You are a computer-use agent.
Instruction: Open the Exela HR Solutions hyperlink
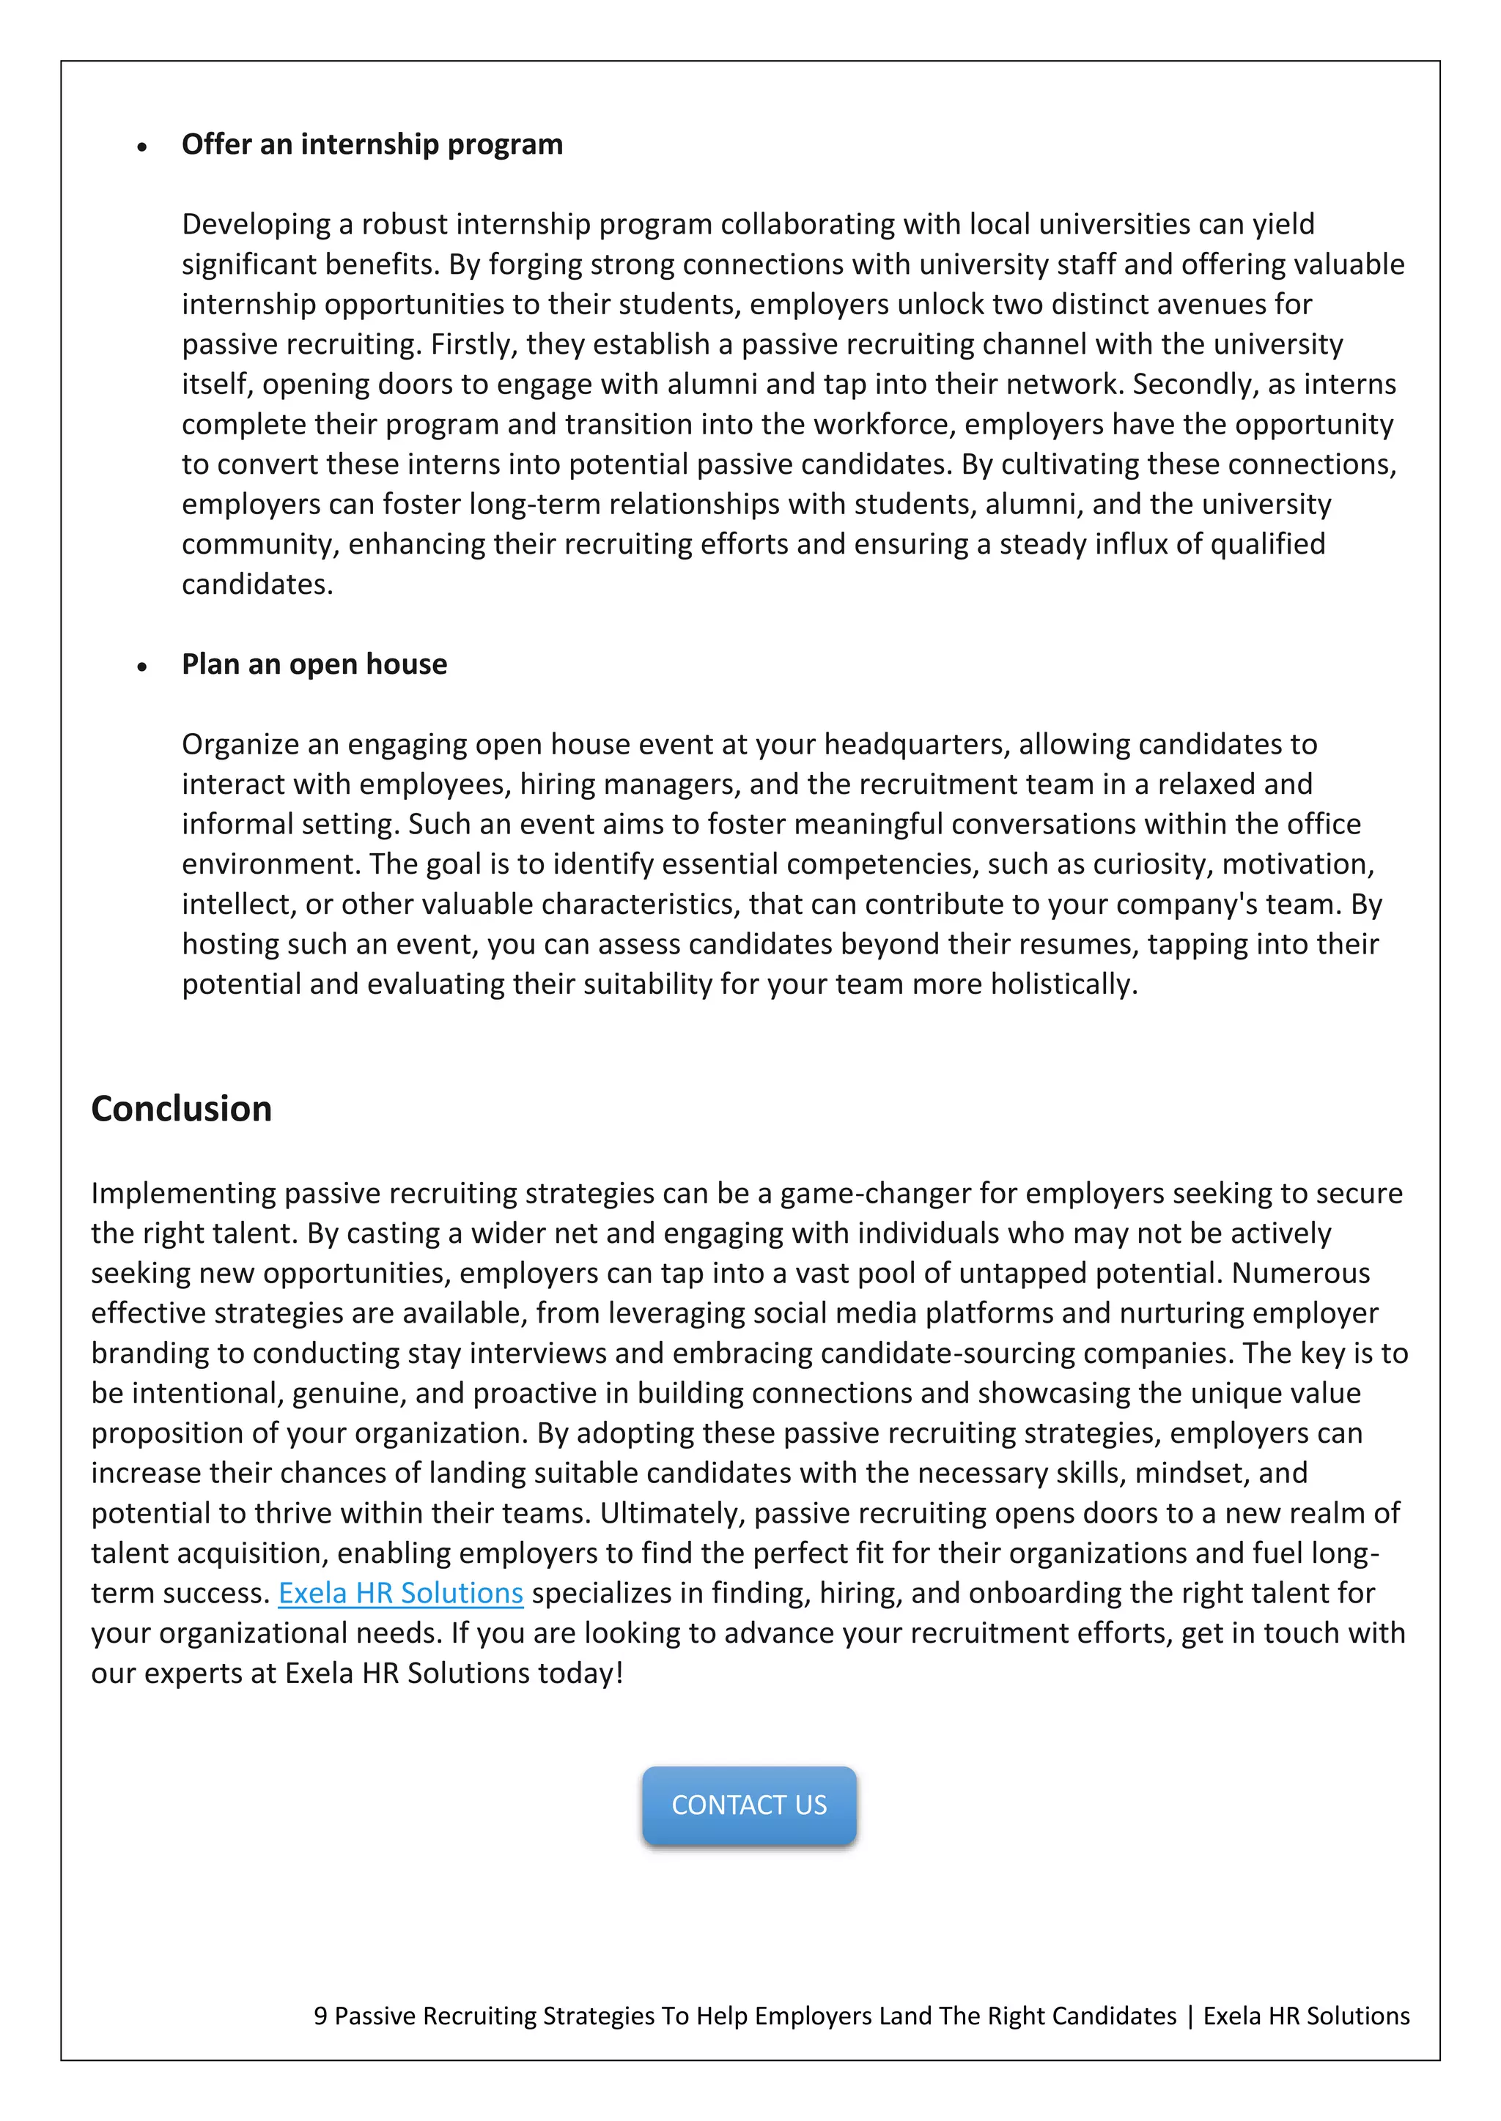pos(400,1593)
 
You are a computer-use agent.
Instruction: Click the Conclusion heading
pos(181,1109)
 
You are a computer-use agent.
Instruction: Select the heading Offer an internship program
pos(372,144)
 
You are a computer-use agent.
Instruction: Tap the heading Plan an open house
pos(314,664)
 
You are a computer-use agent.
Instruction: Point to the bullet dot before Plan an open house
pos(141,666)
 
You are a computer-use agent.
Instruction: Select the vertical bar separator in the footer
pos(1190,2016)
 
